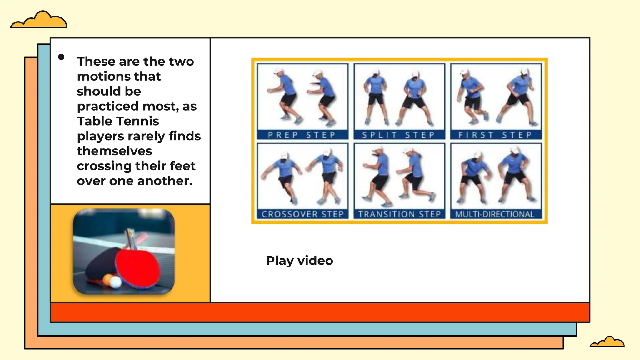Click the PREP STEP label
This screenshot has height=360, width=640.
302,135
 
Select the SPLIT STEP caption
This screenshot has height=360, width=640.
399,135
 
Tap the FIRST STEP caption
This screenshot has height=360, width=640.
495,135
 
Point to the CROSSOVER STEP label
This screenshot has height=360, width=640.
302,214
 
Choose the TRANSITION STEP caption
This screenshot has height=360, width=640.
399,214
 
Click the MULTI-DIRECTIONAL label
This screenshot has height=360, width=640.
495,214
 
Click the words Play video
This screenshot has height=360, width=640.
299,261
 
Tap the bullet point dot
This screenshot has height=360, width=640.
61,57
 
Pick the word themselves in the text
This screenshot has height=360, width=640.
114,151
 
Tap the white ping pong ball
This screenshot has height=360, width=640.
116,282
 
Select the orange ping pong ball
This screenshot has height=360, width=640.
107,279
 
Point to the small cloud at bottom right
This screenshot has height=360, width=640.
607,342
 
